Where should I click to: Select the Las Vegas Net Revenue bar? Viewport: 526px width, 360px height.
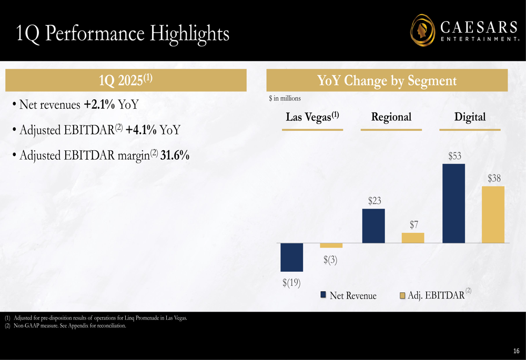292,257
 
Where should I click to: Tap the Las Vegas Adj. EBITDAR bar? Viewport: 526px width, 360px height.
331,245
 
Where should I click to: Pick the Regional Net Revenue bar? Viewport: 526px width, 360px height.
373,226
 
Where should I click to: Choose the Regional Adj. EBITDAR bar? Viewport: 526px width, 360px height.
413,238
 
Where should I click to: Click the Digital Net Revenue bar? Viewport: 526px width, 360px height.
454,203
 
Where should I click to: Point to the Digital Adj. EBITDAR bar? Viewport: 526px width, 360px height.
493,214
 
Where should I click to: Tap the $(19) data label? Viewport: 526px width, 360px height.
291,283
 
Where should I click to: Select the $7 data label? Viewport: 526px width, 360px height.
414,225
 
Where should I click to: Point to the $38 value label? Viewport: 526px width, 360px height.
494,179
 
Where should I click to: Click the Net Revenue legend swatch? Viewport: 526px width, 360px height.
324,295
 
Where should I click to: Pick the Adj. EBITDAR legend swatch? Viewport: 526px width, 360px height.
402,295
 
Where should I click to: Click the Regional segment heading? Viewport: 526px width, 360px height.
391,117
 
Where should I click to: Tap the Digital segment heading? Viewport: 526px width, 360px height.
470,117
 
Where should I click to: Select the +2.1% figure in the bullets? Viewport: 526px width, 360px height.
99,105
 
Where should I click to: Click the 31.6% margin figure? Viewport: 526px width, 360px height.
174,156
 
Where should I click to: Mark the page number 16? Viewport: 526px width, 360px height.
516,351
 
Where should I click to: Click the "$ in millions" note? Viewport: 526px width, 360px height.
285,98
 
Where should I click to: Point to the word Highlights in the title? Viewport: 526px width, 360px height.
190,33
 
